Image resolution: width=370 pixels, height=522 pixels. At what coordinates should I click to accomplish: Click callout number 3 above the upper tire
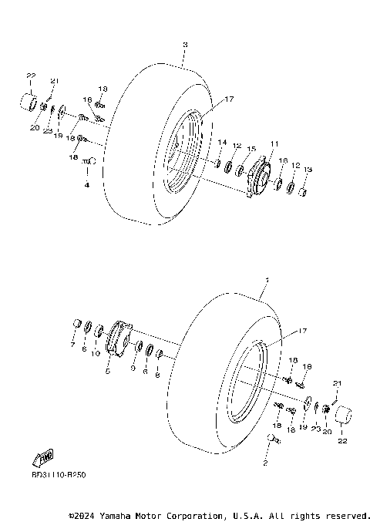pos(185,45)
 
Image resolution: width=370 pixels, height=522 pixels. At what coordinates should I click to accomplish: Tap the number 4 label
pos(87,185)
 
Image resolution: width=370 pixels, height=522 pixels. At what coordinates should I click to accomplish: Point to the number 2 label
pos(264,463)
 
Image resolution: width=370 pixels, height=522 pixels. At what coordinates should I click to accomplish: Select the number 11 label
pos(273,143)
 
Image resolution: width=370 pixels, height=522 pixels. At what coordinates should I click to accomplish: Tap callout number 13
pos(308,170)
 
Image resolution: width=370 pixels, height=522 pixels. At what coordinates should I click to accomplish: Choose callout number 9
pos(132,369)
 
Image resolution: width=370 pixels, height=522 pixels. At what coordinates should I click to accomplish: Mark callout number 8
pos(157,376)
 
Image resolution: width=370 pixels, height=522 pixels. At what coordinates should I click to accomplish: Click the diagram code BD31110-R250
pos(59,475)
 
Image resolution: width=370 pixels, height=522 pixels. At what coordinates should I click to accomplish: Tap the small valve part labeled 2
pos(271,439)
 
